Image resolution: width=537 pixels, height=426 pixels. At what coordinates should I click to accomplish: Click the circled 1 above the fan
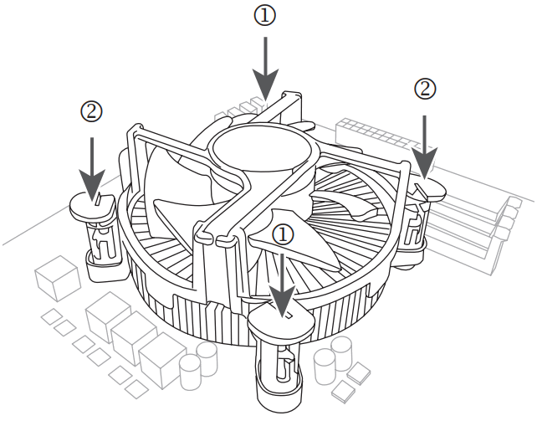[265, 16]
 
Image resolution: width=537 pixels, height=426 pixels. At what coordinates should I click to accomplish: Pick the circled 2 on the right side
[426, 88]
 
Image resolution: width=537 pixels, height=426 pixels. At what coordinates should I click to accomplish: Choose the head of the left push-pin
[92, 206]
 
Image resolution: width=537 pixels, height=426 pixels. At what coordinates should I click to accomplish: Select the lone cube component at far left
[57, 278]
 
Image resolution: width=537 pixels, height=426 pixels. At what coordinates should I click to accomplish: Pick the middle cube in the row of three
[134, 335]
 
